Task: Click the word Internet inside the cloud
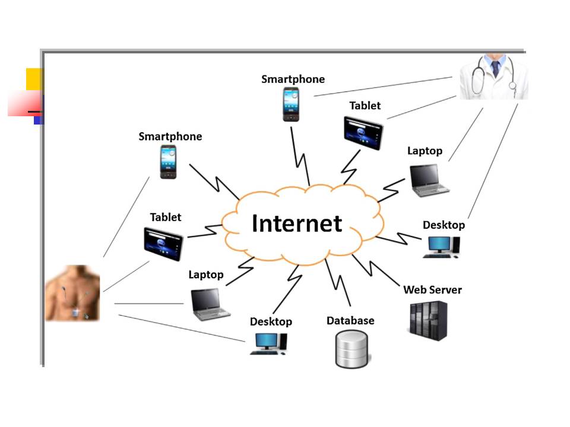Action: (297, 223)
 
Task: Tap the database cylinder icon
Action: (351, 349)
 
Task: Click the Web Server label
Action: (432, 290)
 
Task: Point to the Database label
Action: (350, 321)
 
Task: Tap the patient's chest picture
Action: (72, 294)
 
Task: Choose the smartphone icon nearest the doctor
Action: (290, 104)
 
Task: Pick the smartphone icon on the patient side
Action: (167, 161)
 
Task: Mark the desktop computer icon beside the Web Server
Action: (441, 247)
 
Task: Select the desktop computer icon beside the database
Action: (268, 343)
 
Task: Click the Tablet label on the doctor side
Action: (365, 106)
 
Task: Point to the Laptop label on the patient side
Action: (206, 275)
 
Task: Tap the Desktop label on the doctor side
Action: (444, 225)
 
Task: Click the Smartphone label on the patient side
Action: (170, 136)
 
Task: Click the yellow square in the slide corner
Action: (34, 79)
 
